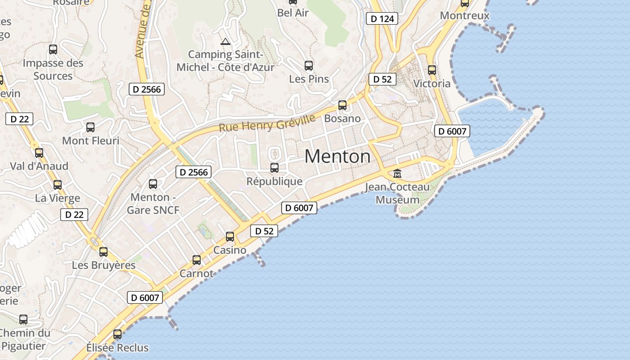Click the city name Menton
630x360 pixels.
pos(337,157)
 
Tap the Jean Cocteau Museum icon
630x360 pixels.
pos(397,173)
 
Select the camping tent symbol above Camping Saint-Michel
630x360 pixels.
pos(225,42)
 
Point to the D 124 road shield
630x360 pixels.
pos(382,18)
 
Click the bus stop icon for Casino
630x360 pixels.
pos(230,237)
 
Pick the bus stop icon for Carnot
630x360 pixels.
pos(197,260)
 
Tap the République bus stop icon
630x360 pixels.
pos(274,168)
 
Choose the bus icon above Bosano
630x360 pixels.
pos(342,105)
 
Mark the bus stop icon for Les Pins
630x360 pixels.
pos(309,66)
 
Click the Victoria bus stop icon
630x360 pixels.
pos(432,70)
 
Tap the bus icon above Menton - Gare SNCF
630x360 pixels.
pos(153,184)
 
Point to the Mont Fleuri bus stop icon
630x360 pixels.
pos(90,127)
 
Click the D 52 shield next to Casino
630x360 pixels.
pos(264,231)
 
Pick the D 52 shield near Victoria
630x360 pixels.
pos(382,79)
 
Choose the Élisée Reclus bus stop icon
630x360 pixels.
pos(117,334)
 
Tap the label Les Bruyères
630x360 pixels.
pos(103,265)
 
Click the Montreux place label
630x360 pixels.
pos(464,15)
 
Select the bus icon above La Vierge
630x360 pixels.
pos(58,184)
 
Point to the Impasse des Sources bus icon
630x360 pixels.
pos(53,49)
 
